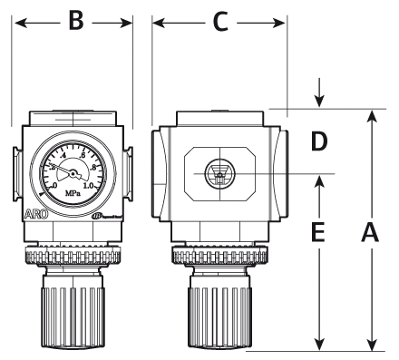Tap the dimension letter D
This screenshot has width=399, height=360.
(316, 141)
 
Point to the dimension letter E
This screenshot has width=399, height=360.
(317, 234)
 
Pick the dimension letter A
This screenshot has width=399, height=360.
(370, 233)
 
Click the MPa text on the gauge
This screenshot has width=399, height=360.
(74, 192)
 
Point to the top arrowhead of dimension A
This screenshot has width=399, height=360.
(371, 116)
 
